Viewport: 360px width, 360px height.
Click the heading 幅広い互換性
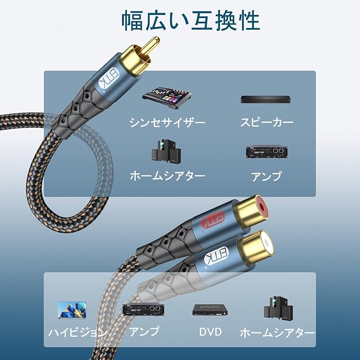pyautogui.click(x=190, y=21)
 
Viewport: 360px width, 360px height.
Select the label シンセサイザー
pyautogui.click(x=167, y=122)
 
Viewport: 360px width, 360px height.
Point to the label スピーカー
pyautogui.click(x=266, y=122)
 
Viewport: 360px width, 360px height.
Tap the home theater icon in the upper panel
pyautogui.click(x=167, y=151)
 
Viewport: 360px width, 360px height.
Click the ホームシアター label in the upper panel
pyautogui.click(x=167, y=175)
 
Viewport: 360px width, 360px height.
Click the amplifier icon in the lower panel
pyautogui.click(x=142, y=309)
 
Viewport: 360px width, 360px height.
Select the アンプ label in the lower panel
pyautogui.click(x=144, y=332)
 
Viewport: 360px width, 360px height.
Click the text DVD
pyautogui.click(x=210, y=332)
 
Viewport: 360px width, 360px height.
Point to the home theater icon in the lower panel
pyautogui.click(x=276, y=308)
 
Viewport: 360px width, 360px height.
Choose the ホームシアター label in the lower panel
pyautogui.click(x=277, y=332)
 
